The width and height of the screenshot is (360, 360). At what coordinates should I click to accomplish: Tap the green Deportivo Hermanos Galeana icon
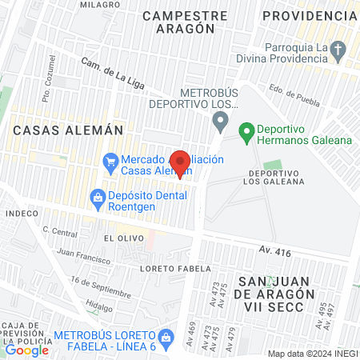coord(246,129)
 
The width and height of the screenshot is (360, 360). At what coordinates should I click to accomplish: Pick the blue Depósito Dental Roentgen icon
coord(98,196)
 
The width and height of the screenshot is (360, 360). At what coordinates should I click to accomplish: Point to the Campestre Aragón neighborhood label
coord(179,22)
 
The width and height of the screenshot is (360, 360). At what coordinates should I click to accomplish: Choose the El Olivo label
coord(117,238)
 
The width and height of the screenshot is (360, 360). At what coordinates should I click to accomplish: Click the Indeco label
coord(22,214)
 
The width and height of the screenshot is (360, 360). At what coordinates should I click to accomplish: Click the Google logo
coord(26,350)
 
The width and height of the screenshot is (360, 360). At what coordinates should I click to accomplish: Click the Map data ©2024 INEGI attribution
coord(312,354)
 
